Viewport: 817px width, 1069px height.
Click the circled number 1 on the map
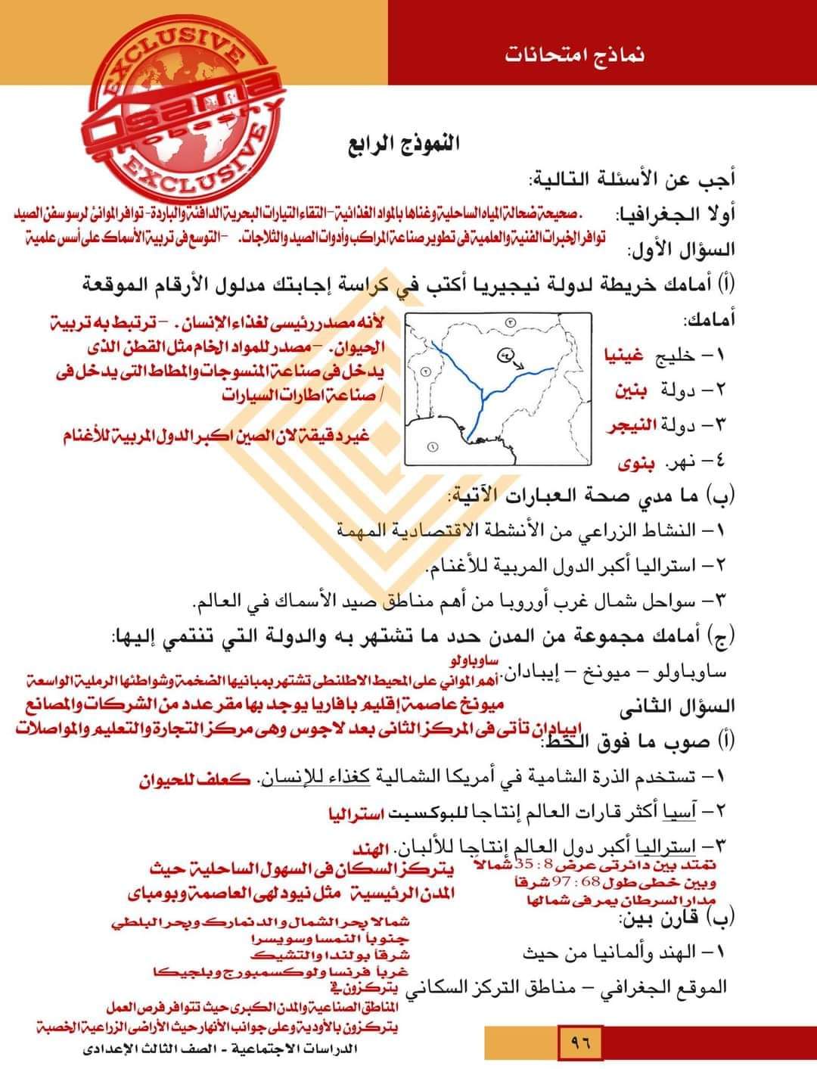(x=433, y=446)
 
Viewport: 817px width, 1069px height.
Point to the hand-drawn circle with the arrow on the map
(x=505, y=354)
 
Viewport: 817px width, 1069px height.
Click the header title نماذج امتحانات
(x=576, y=56)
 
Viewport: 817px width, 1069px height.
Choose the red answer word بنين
(x=629, y=391)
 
